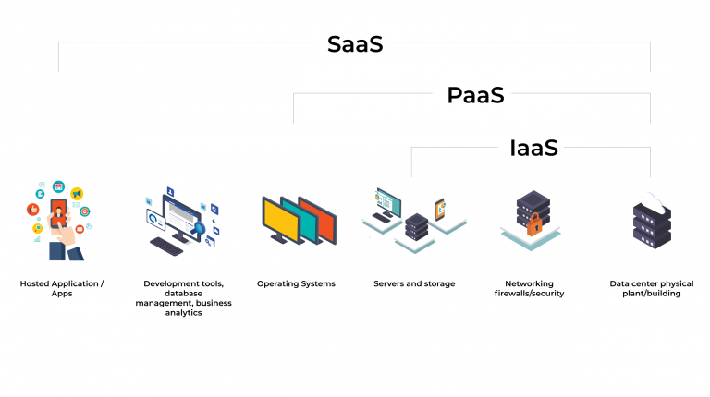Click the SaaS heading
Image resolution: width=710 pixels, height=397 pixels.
pos(355,44)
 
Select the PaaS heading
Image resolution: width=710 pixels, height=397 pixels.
pos(475,95)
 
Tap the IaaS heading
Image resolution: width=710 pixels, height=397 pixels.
pos(533,148)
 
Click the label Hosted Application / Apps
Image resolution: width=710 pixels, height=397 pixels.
pos(61,288)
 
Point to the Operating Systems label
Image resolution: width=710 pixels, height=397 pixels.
pos(296,283)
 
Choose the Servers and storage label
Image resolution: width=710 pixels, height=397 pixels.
pos(414,283)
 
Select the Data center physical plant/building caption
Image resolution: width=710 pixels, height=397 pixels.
pos(651,288)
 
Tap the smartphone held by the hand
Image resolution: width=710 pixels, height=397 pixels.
pos(58,213)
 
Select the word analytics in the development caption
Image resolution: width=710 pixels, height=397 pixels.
pos(183,313)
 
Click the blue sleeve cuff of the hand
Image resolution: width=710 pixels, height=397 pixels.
pos(72,250)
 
